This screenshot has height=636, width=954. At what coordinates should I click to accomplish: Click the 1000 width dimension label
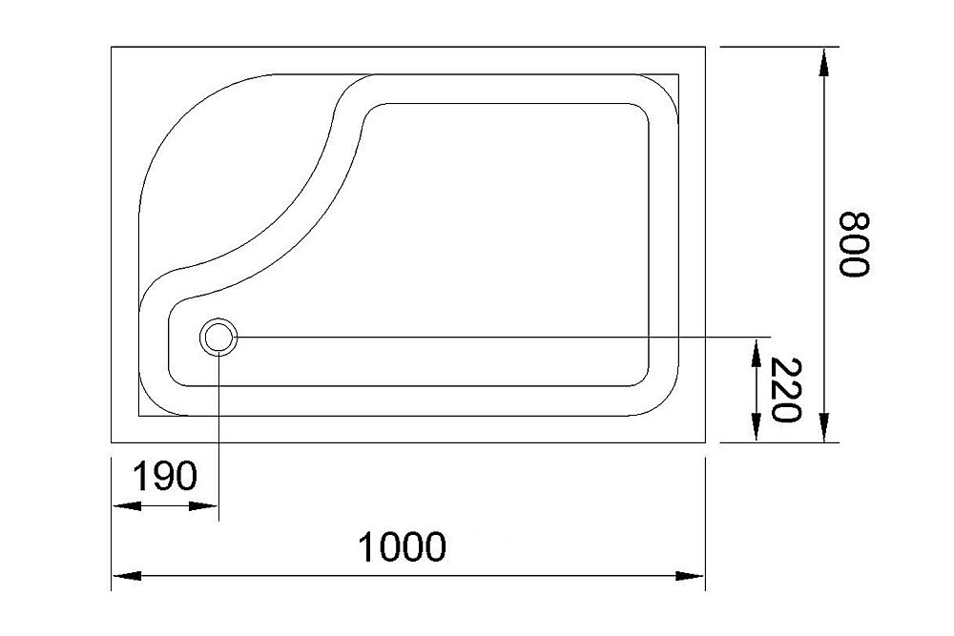click(x=402, y=547)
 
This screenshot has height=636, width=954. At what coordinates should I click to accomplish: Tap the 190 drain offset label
click(x=164, y=476)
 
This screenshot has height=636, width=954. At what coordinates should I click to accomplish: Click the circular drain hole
click(x=218, y=337)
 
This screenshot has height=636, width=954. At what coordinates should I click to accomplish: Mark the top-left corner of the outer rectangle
click(x=112, y=46)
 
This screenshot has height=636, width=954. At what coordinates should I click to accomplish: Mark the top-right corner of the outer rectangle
click(x=705, y=46)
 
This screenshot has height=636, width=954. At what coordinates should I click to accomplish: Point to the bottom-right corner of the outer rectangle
click(x=705, y=442)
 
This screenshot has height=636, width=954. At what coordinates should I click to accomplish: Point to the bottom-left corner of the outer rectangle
click(x=112, y=442)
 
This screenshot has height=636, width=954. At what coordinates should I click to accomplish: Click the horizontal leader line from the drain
click(x=496, y=337)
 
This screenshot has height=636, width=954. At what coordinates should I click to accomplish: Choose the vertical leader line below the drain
click(x=219, y=429)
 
